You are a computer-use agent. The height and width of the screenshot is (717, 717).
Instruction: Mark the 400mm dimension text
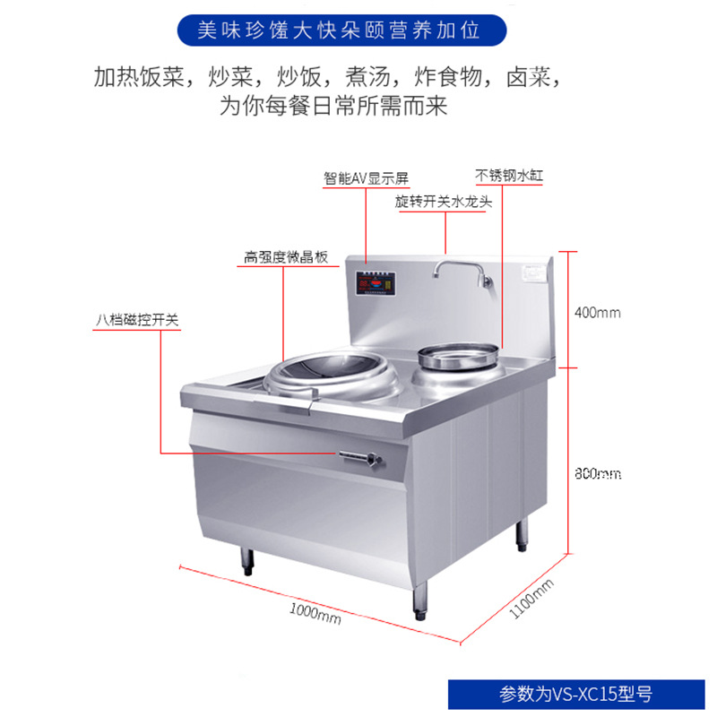point(597,313)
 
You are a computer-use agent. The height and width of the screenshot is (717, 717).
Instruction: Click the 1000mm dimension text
point(315,615)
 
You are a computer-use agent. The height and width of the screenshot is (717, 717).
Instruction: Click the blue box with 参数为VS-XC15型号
point(575,693)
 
